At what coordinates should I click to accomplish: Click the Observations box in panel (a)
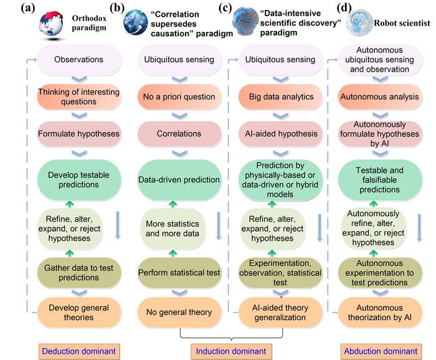73,60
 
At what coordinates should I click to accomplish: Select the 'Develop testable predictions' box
73,180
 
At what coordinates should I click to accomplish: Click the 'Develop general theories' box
73,312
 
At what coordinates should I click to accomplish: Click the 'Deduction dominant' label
78,351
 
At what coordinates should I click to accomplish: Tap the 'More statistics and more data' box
171,228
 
